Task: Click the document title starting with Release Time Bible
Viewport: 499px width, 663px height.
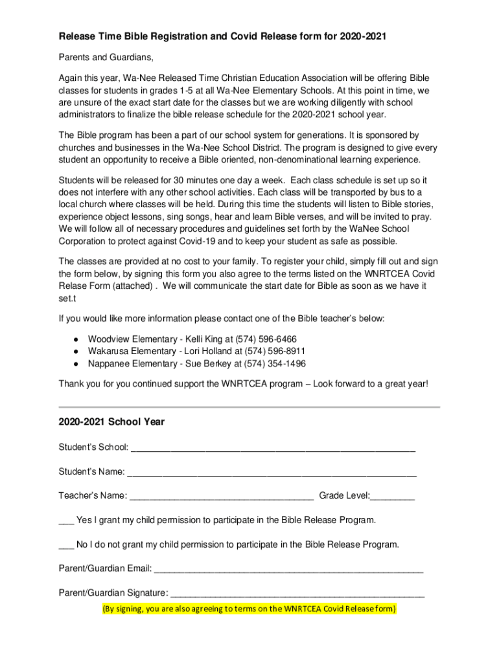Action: (x=222, y=37)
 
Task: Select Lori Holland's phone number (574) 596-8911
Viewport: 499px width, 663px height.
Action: (x=275, y=352)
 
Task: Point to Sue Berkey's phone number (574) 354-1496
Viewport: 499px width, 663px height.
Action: (x=275, y=364)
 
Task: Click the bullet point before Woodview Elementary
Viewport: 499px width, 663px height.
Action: (x=76, y=339)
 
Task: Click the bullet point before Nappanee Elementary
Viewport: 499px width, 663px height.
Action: (x=76, y=364)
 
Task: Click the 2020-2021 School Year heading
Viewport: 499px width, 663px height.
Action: (x=111, y=421)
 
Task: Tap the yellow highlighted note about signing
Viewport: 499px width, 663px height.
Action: (x=249, y=609)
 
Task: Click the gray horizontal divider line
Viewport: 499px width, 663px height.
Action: (x=249, y=407)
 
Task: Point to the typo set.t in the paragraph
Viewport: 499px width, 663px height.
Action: (x=68, y=299)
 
